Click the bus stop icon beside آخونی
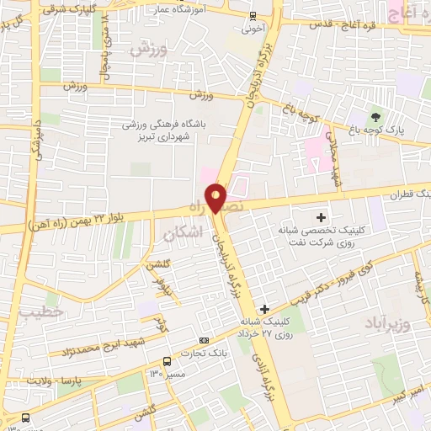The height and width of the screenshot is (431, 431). (253, 17)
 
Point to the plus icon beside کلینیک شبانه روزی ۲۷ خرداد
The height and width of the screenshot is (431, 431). (265, 309)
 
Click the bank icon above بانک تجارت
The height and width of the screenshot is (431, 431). (202, 339)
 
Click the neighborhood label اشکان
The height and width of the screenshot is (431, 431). (184, 235)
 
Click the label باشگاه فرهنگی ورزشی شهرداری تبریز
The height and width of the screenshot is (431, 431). (179, 129)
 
